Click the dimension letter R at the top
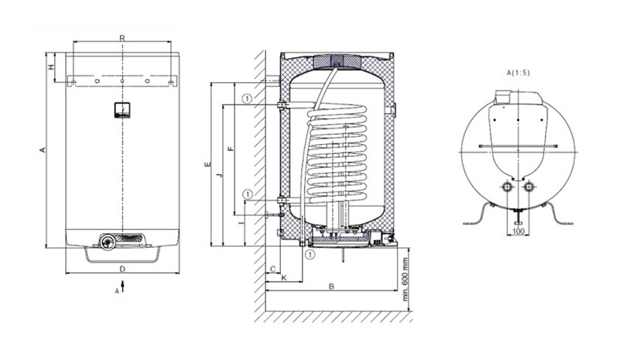tap(122, 38)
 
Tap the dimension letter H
tap(51, 67)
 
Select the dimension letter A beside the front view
tap(43, 149)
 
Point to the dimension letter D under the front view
tap(122, 269)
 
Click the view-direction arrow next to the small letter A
tap(123, 286)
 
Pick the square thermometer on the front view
tap(122, 110)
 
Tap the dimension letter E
tap(208, 164)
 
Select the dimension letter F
tap(231, 149)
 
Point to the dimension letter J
tap(220, 175)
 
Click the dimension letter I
tap(241, 223)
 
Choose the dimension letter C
tap(273, 269)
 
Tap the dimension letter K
tap(284, 278)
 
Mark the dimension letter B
tap(332, 286)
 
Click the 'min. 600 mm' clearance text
tap(405, 279)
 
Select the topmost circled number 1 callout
tap(247, 98)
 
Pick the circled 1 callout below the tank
tap(311, 255)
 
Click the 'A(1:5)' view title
tap(518, 73)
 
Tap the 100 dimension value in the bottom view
tap(518, 231)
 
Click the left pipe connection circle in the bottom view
tap(508, 187)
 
